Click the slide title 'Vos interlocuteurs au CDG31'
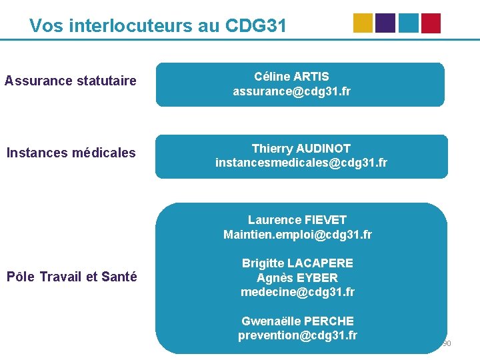point(158,26)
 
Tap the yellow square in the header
point(363,23)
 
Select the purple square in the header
point(385,23)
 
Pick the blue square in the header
point(409,23)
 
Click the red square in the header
point(431,23)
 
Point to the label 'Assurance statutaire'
point(71,81)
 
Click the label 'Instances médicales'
point(71,153)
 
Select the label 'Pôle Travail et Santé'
point(71,276)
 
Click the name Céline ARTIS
point(291,77)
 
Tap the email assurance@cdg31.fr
point(291,91)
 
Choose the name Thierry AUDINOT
point(301,148)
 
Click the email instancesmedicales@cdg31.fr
point(301,163)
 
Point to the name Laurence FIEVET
point(297,220)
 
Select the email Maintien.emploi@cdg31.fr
point(297,235)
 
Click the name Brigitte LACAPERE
point(297,263)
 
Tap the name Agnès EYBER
point(297,278)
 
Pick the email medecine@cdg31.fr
point(297,292)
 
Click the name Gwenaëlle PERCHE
point(297,321)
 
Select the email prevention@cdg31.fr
point(297,335)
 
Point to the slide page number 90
point(447,344)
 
